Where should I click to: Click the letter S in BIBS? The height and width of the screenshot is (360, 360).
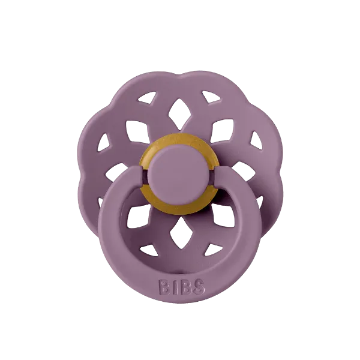(x=198, y=287)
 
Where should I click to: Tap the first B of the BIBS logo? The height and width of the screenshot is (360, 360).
(x=164, y=287)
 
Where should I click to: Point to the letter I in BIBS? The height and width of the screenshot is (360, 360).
(x=175, y=287)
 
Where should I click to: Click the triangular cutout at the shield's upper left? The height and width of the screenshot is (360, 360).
(x=147, y=97)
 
